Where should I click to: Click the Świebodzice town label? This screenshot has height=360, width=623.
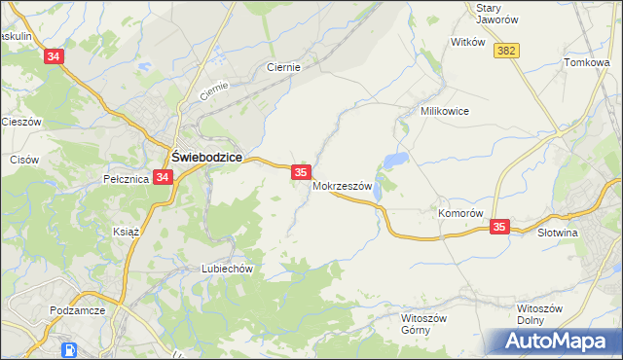point(206,157)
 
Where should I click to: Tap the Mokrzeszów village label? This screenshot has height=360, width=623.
point(343,187)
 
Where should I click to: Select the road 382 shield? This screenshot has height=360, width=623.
point(505,51)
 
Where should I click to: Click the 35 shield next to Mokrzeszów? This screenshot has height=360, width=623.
point(301,171)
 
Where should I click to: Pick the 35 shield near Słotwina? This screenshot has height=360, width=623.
point(499,227)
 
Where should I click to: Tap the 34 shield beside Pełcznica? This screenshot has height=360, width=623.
point(163,177)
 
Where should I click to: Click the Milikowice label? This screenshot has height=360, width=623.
point(445,112)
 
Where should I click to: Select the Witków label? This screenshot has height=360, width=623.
point(467,43)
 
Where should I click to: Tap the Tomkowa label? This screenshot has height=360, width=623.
point(586,63)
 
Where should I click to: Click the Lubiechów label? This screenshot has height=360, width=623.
point(227,269)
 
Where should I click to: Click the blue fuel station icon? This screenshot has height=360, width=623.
point(71,350)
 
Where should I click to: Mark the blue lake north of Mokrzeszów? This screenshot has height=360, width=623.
point(394,160)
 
